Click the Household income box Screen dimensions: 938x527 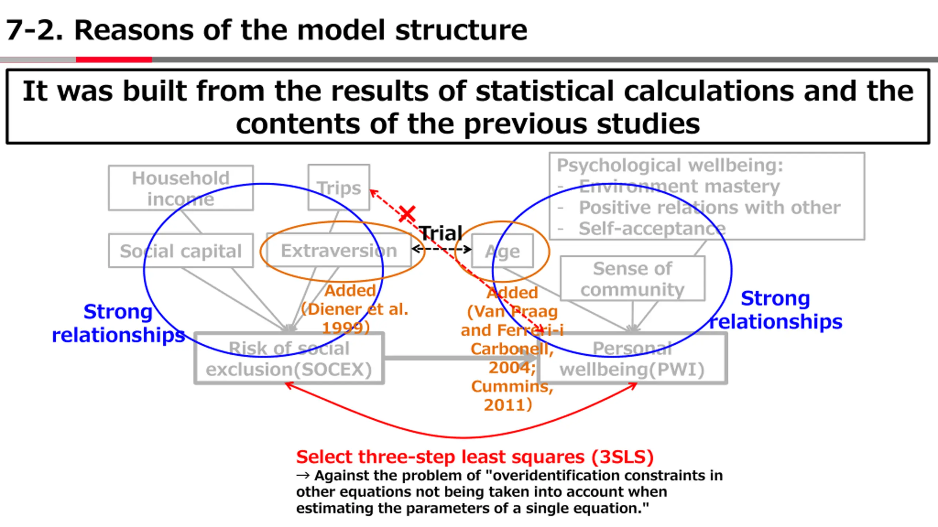click(x=181, y=188)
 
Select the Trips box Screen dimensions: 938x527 click(x=339, y=187)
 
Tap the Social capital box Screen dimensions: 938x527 click(x=181, y=251)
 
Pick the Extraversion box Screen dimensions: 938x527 click(x=339, y=251)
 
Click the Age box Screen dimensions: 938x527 click(x=502, y=251)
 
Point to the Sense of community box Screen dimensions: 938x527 click(x=632, y=279)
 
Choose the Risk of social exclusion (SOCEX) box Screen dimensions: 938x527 click(x=289, y=359)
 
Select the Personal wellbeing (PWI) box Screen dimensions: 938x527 click(x=632, y=359)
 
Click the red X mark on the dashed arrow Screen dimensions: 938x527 click(x=407, y=213)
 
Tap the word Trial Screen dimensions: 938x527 click(x=440, y=233)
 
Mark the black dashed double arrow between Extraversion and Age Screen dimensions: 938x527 click(x=442, y=249)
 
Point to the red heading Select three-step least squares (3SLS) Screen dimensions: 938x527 click(x=475, y=457)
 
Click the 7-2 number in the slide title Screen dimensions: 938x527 click(x=34, y=30)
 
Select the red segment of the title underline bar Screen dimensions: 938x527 click(x=114, y=60)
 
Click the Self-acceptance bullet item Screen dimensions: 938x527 click(x=652, y=229)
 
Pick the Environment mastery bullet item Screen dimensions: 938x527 click(x=679, y=186)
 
